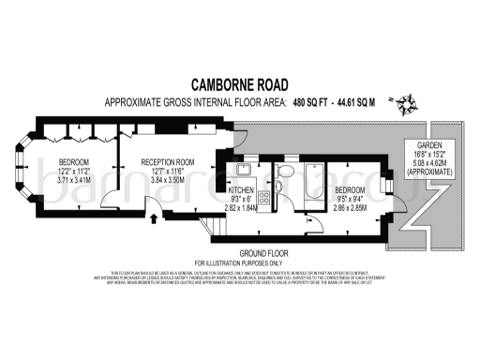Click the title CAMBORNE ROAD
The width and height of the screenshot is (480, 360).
pos(239,84)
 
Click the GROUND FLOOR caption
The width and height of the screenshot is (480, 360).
pos(239,253)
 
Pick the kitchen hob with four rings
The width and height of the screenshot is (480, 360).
pos(264,197)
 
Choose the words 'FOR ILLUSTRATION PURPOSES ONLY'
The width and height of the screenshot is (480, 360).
pos(239,262)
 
